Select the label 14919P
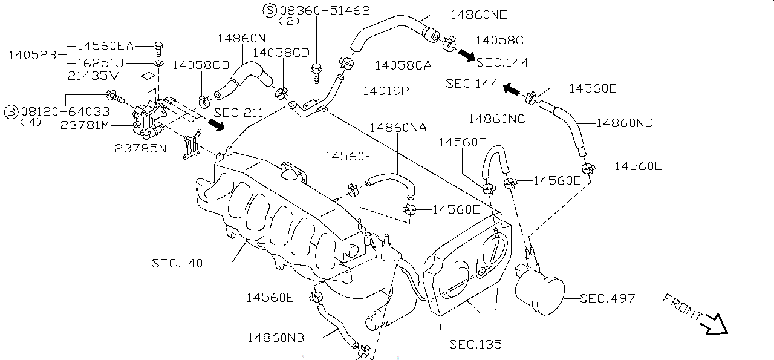386,91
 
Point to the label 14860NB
276,337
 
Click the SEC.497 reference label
607,298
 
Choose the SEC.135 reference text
475,344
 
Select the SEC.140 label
178,263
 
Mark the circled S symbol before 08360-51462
269,10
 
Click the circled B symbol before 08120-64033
11,111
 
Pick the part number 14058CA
403,65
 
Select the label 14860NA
398,127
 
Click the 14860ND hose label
625,123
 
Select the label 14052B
32,55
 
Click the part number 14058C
499,40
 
